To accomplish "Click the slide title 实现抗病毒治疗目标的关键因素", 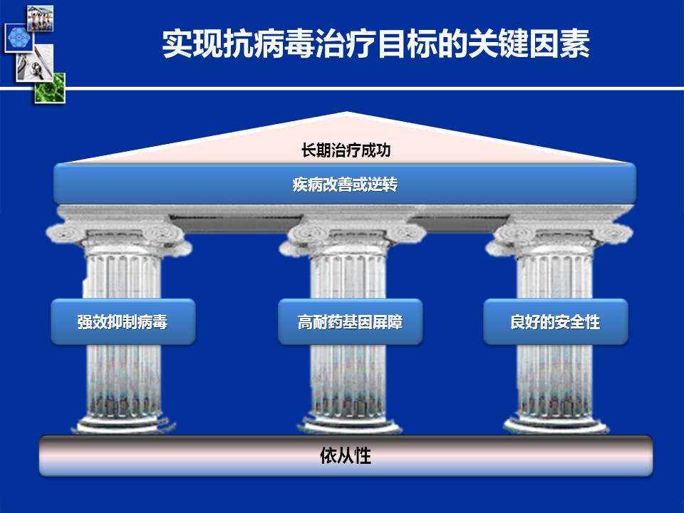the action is tap(375, 43).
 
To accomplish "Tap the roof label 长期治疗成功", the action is tap(346, 150).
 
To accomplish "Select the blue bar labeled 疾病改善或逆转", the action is tap(345, 184).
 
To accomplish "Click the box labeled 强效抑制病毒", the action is tap(123, 321).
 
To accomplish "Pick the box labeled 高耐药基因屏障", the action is tap(350, 321).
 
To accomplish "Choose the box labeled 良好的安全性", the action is tap(555, 321).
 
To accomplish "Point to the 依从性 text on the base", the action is tap(346, 455).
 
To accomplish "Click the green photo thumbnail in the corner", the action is tap(50, 88).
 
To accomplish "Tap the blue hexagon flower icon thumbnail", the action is tap(19, 38).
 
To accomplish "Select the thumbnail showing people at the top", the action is tap(40, 19).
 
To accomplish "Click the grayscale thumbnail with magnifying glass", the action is tap(34, 63).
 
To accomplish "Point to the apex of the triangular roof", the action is tap(347, 112).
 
